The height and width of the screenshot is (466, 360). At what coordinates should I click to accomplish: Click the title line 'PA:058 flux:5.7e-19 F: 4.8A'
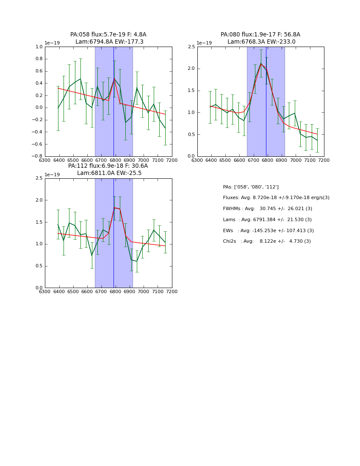click(108, 35)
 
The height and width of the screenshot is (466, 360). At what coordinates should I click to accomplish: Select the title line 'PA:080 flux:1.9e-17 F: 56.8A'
click(260, 35)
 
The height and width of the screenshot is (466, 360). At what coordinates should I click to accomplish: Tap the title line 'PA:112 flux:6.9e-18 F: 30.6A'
click(108, 166)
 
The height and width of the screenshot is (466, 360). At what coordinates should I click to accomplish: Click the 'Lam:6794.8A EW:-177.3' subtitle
click(109, 42)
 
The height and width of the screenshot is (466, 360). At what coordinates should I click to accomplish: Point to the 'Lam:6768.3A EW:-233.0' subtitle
click(261, 42)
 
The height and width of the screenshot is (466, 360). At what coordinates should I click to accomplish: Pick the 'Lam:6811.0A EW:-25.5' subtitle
click(109, 173)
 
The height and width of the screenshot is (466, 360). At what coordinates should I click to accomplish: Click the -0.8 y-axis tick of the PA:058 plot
click(37, 156)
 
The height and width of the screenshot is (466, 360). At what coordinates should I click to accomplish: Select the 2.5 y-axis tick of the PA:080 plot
click(191, 47)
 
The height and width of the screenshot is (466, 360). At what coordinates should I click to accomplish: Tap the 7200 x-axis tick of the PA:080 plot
click(324, 161)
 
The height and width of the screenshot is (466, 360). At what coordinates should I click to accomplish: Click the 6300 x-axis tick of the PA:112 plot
click(45, 292)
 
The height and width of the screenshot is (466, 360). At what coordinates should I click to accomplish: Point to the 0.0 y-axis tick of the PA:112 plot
click(39, 288)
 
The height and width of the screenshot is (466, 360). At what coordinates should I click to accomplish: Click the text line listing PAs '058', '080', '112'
click(251, 187)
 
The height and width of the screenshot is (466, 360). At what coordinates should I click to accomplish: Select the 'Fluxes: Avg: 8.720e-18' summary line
click(276, 198)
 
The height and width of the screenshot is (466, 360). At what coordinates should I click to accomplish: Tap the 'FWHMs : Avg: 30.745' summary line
click(267, 209)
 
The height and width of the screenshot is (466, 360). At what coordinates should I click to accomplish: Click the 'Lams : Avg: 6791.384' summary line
click(267, 220)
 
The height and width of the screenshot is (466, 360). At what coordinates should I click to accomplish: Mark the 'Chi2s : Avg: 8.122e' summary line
click(267, 241)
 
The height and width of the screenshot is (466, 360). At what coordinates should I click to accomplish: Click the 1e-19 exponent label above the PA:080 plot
click(204, 43)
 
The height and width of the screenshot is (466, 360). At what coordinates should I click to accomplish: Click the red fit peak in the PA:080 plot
click(261, 64)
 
